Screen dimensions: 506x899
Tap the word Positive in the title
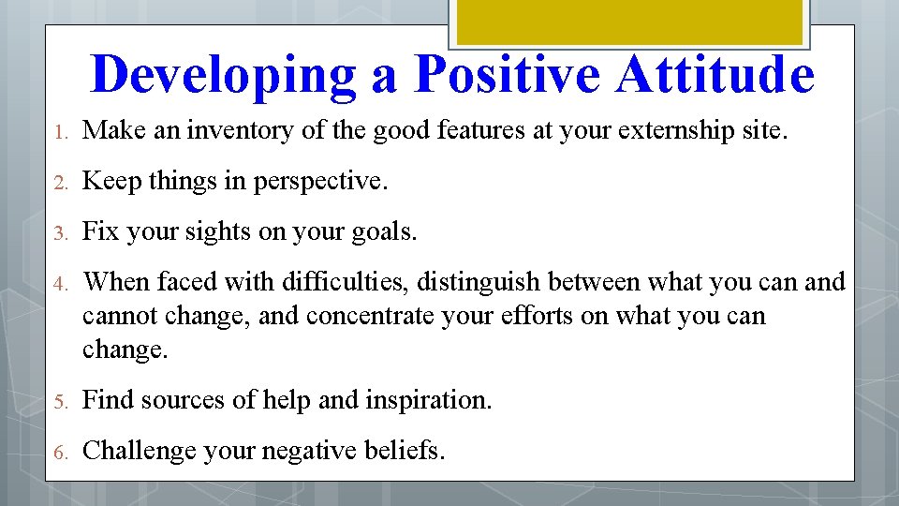(x=512, y=74)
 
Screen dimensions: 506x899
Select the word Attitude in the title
(x=715, y=74)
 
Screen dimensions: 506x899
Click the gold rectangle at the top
(x=628, y=22)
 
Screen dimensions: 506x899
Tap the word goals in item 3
(x=383, y=231)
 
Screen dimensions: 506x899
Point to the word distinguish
(x=479, y=282)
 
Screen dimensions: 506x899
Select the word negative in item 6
(x=311, y=451)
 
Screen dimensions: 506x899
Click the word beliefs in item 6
(x=406, y=451)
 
